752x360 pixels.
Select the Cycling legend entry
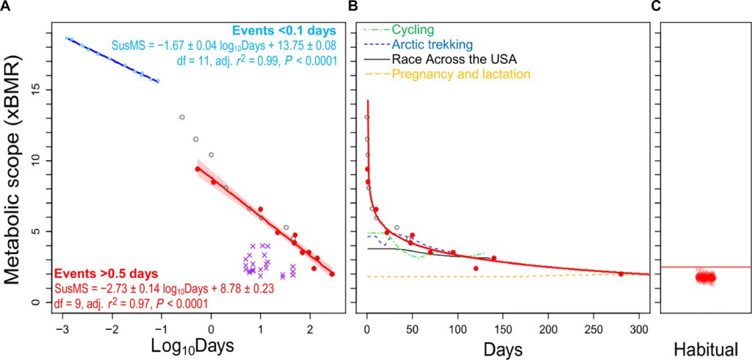(x=413, y=30)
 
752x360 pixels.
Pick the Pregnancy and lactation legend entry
(x=460, y=74)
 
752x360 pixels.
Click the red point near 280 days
(x=621, y=274)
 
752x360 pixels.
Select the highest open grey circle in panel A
(x=181, y=117)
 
